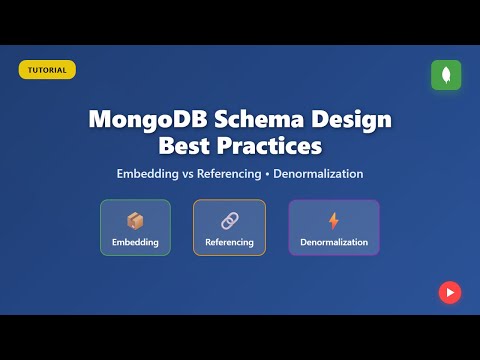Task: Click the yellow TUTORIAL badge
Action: tap(47, 70)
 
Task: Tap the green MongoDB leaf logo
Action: tap(446, 75)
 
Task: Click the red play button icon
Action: tap(449, 292)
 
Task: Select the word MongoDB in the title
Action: tap(143, 121)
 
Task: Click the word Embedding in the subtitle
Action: tap(152, 174)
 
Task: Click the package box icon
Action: tap(135, 220)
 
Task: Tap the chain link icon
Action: tap(229, 220)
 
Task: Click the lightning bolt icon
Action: tap(334, 220)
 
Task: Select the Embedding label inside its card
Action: tap(135, 243)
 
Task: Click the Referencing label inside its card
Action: tap(229, 243)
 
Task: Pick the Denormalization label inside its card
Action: tap(334, 243)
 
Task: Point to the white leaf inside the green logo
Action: tap(446, 75)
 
